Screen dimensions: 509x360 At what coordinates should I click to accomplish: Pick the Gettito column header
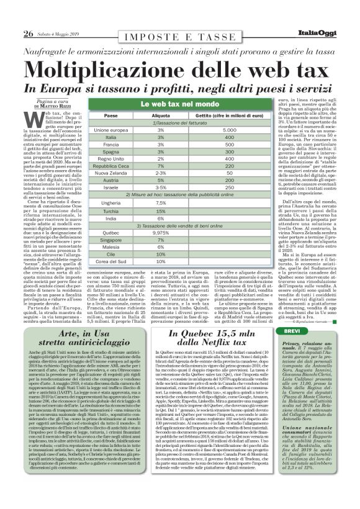tap(214, 116)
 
